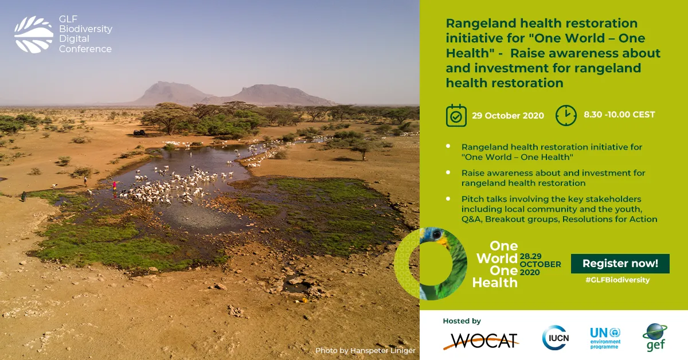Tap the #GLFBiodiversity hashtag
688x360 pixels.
[x=617, y=280]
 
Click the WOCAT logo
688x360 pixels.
[x=480, y=341]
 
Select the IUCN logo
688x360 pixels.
[x=555, y=337]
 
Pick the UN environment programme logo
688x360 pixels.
[x=605, y=337]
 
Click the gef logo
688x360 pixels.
[x=654, y=337]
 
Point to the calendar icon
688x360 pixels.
[x=456, y=115]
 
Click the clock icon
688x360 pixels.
[x=566, y=115]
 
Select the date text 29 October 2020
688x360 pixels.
[x=508, y=115]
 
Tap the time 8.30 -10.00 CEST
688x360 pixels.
[x=619, y=115]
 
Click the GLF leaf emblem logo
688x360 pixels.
[x=34, y=34]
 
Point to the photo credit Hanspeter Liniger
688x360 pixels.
[x=365, y=350]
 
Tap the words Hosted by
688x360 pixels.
[x=462, y=321]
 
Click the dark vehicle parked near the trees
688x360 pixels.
[x=139, y=132]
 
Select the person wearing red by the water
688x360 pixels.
[x=115, y=185]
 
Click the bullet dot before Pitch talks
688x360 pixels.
[x=448, y=198]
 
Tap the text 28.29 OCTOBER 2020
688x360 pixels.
[x=540, y=264]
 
